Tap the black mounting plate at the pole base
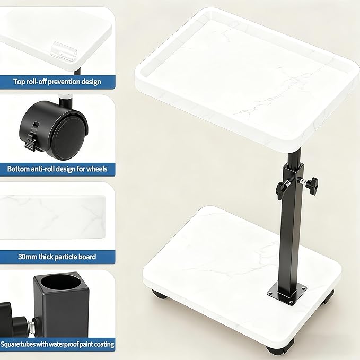coord(287,294)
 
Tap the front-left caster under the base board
coord(159,294)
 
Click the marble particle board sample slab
coord(53,217)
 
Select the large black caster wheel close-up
coord(54,130)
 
